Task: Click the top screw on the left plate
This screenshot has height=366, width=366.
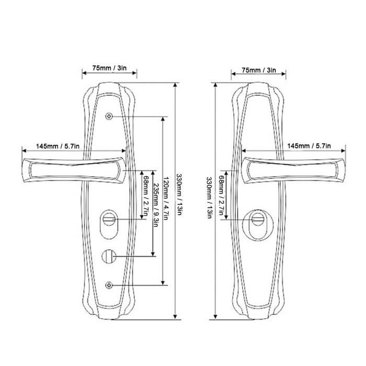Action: coord(109,116)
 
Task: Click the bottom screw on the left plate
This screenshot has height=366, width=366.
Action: coord(109,285)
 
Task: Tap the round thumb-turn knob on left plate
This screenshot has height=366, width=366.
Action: coord(109,256)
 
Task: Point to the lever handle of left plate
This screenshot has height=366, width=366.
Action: coord(74,170)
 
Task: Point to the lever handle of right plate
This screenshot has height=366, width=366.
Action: coord(293,170)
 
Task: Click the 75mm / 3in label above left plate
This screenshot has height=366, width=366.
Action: coord(109,68)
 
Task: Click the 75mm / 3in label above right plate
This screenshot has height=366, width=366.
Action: coord(259,70)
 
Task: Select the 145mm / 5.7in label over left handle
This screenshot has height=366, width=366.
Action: coord(58,146)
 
